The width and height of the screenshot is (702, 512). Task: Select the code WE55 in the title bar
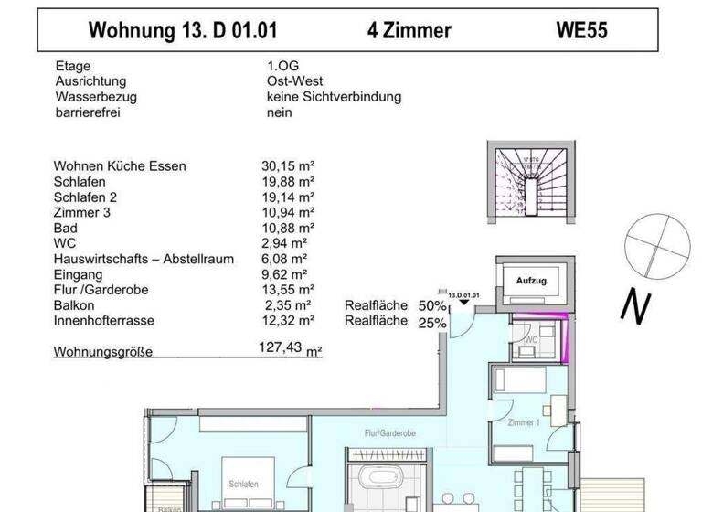click(x=582, y=30)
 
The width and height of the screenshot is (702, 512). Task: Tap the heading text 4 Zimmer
click(x=409, y=30)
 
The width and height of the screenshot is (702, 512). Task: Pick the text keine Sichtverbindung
click(x=334, y=97)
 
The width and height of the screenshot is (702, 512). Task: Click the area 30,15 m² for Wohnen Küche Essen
click(x=288, y=166)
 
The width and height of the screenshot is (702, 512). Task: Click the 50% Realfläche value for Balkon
click(x=432, y=305)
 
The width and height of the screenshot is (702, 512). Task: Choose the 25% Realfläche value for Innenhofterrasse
click(x=432, y=322)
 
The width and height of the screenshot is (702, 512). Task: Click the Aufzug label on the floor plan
click(x=531, y=281)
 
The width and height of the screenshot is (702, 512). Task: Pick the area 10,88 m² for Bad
click(x=288, y=228)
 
